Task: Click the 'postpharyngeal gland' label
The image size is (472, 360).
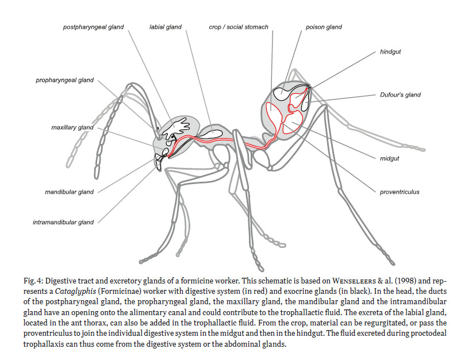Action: pos(93,27)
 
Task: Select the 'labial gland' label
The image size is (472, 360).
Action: pos(165,27)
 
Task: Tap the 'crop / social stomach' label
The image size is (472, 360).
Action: pos(239,27)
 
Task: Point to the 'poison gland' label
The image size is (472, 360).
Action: pos(324,27)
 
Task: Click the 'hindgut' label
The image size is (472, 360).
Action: pos(391,51)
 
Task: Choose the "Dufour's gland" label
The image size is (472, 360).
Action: pos(400,95)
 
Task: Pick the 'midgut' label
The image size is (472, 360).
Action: pos(390,158)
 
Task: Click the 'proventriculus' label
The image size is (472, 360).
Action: pos(400,192)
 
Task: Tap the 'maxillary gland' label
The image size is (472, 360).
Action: pos(71,127)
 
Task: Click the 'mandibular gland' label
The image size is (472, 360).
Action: pos(69,192)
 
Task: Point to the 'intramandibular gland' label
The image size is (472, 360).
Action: pos(63,222)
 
